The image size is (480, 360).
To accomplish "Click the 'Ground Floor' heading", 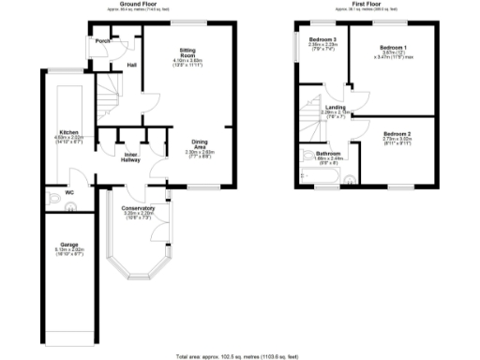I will [x=132, y=5].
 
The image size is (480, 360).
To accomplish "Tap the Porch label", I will [x=102, y=42].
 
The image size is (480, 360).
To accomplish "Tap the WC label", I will [x=68, y=194].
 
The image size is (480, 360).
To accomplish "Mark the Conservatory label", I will [x=138, y=207].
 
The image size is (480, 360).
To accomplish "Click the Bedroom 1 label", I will [x=394, y=48].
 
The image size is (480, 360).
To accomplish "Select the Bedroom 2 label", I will [x=397, y=134].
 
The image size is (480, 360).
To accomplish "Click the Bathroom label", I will [x=328, y=153].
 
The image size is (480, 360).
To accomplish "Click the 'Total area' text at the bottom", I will [x=239, y=356].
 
